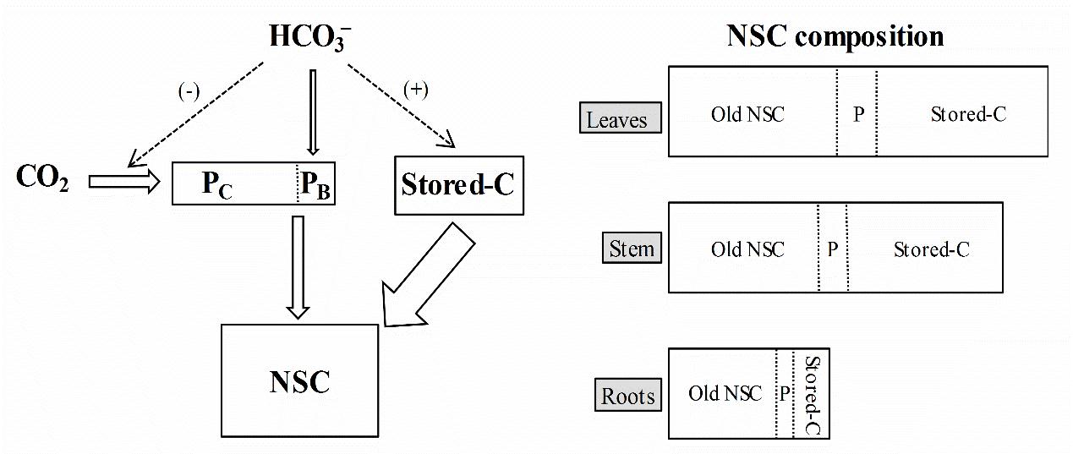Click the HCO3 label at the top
pyautogui.click(x=311, y=37)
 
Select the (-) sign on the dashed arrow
pyautogui.click(x=188, y=92)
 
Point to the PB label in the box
pyautogui.click(x=316, y=184)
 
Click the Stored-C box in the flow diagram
pyautogui.click(x=458, y=184)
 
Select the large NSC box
pyautogui.click(x=299, y=381)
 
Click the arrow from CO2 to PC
pyautogui.click(x=123, y=180)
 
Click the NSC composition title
pyautogui.click(x=835, y=36)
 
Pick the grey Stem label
pyautogui.click(x=632, y=249)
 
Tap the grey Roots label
pyautogui.click(x=628, y=395)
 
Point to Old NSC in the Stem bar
pyautogui.click(x=747, y=249)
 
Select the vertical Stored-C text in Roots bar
pyautogui.click(x=812, y=394)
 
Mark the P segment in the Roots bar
pyautogui.click(x=785, y=394)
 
